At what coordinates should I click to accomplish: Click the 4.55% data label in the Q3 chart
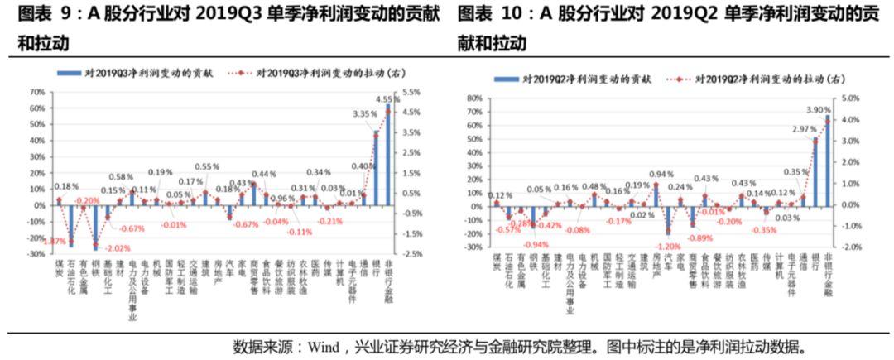[x=386, y=99]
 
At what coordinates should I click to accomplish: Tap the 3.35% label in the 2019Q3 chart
[x=364, y=113]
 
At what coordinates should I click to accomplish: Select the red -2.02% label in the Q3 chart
[x=119, y=248]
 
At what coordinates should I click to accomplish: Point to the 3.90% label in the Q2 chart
[x=818, y=110]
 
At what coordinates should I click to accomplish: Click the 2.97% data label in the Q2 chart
[x=804, y=130]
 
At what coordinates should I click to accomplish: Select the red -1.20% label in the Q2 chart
[x=668, y=246]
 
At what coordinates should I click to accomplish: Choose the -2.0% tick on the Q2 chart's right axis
[x=850, y=247]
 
